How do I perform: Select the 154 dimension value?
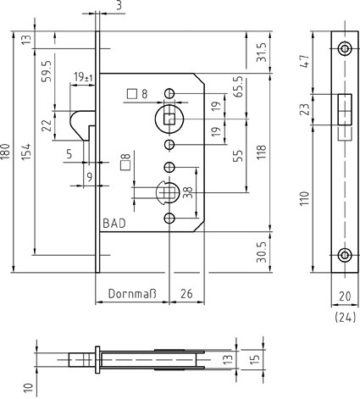(26, 152)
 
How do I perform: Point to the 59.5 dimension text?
(47, 71)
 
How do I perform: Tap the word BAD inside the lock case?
(114, 224)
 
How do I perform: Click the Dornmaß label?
(132, 294)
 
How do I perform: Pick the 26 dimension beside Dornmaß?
(186, 294)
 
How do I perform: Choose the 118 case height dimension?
(262, 152)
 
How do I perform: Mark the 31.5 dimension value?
(261, 52)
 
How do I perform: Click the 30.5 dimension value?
(261, 252)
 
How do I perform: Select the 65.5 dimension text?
(239, 86)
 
